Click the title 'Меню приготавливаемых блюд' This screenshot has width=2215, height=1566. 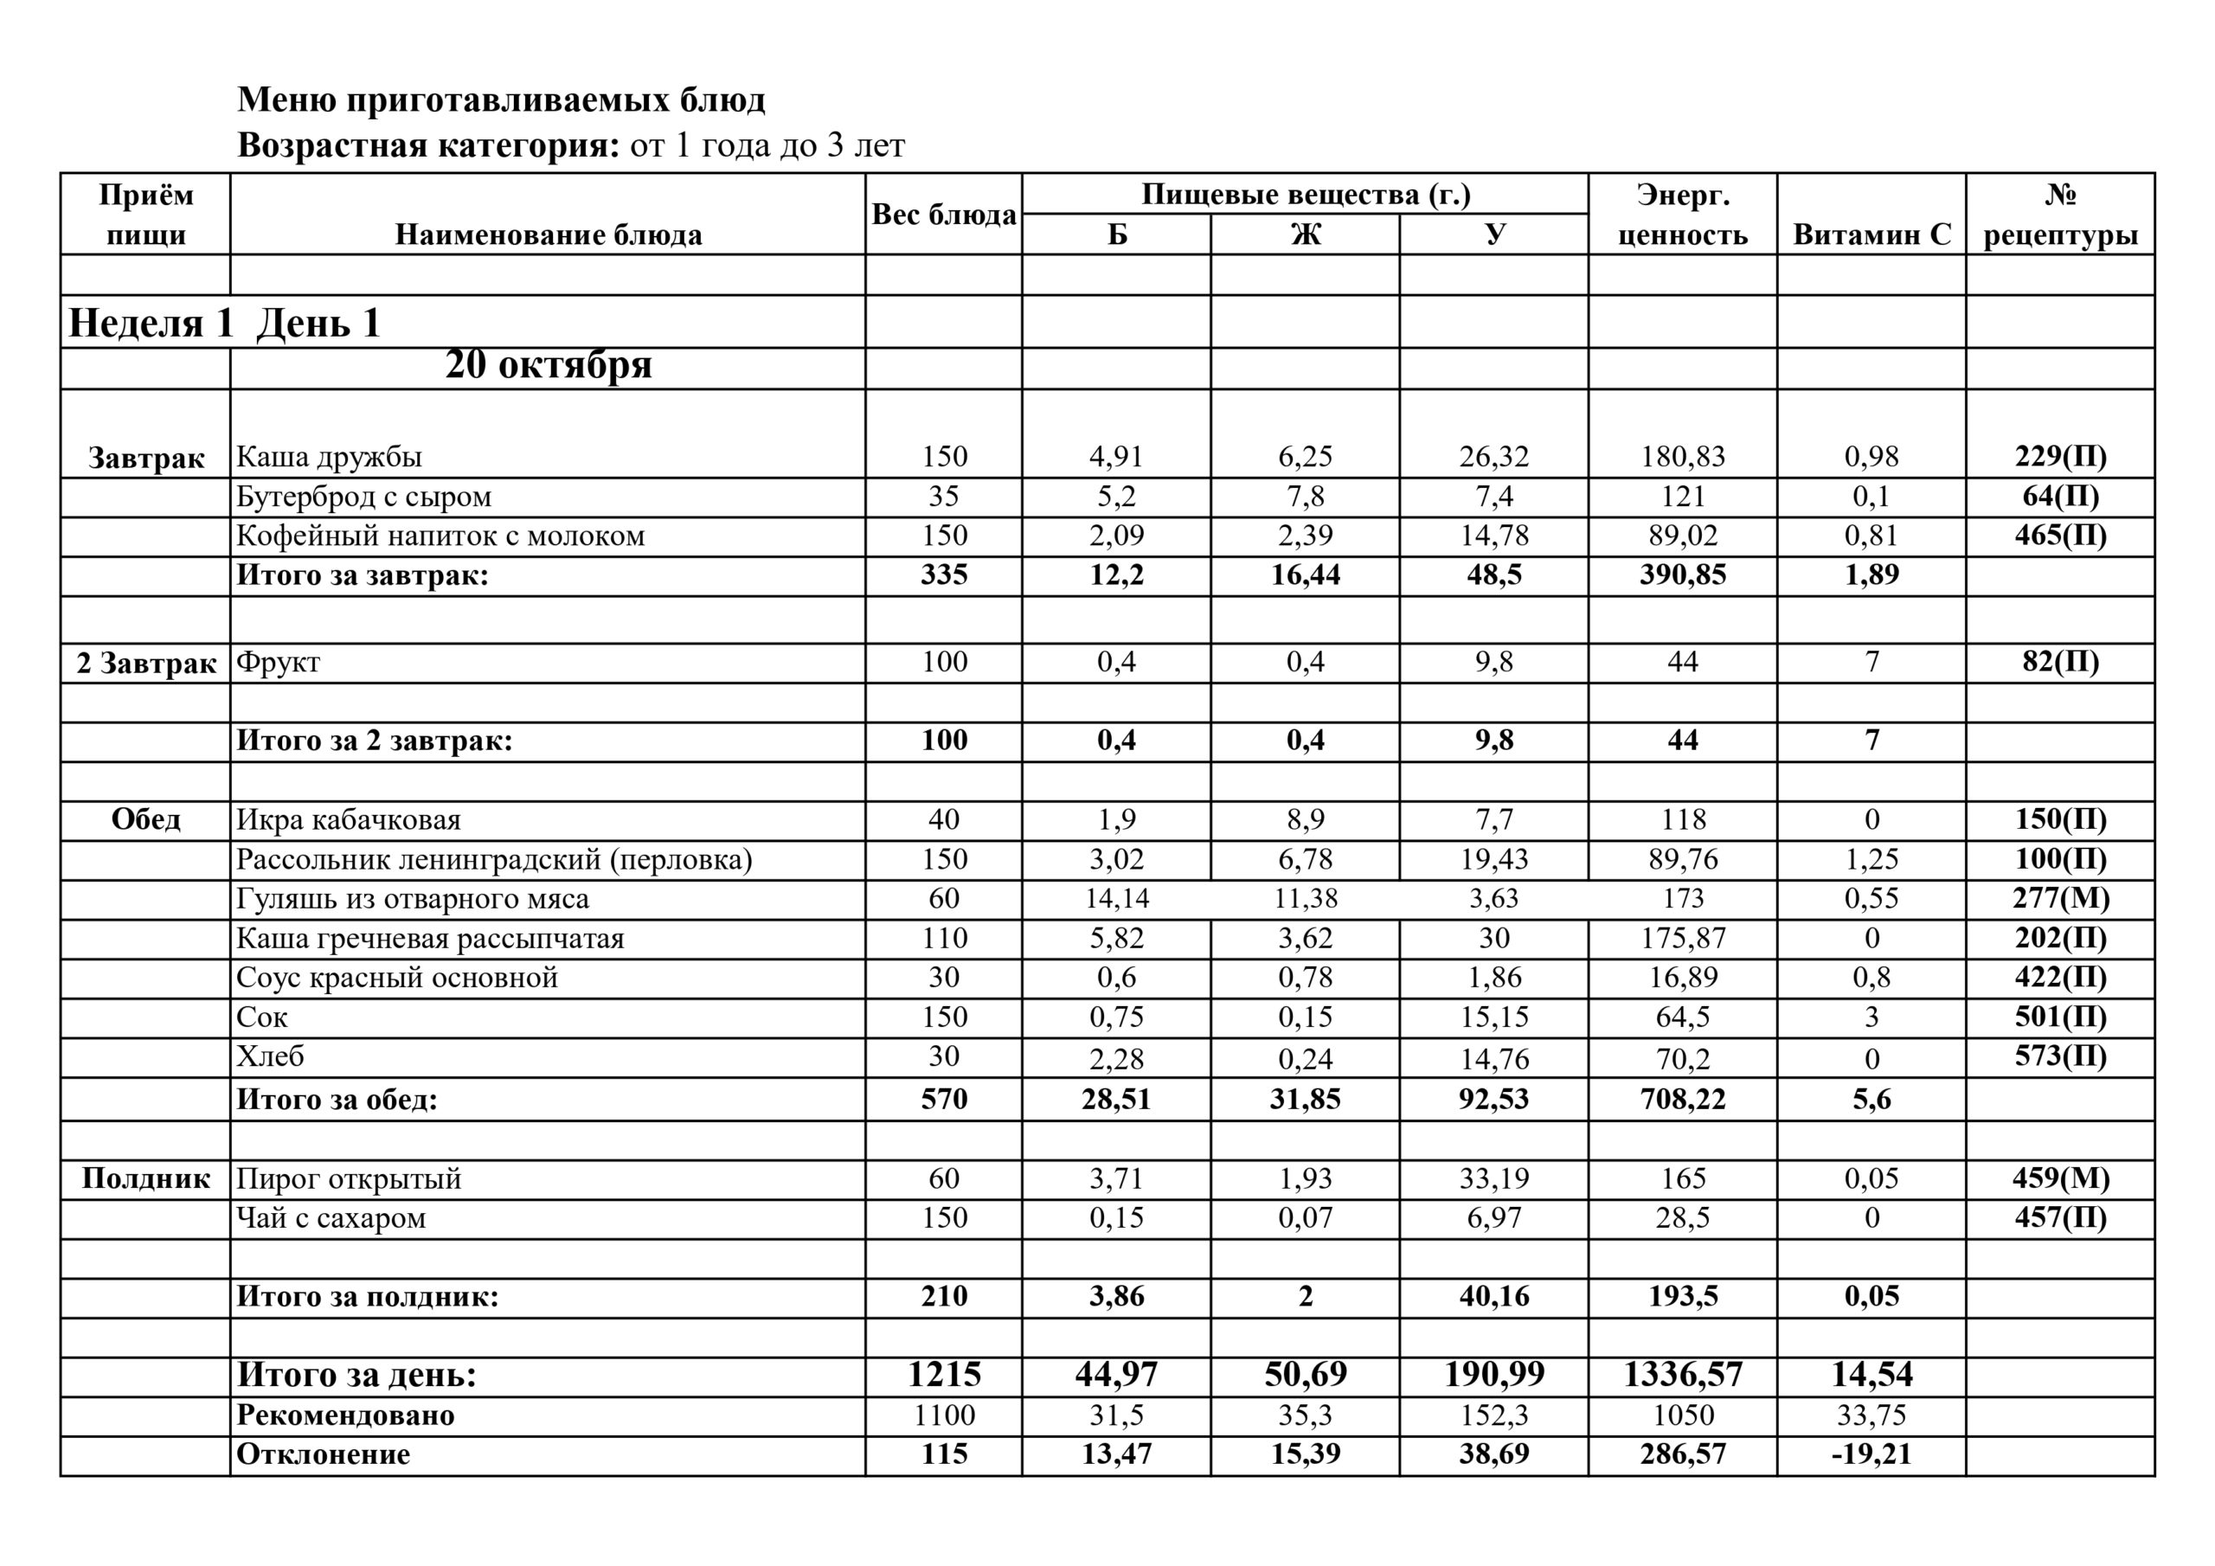[501, 99]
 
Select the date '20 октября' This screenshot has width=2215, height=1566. [548, 365]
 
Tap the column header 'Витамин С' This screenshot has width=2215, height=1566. [1872, 234]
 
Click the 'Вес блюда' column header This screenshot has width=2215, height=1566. [943, 215]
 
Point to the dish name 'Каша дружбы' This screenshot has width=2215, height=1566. [329, 456]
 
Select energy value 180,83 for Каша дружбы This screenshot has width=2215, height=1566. [1683, 456]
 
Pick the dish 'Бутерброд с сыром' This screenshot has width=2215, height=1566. [363, 496]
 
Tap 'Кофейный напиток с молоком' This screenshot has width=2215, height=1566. [440, 536]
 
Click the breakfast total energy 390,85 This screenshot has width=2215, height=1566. [1683, 575]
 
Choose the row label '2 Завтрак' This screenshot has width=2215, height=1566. [146, 663]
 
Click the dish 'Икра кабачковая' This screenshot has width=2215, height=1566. [349, 819]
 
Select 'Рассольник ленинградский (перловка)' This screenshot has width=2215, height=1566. [494, 859]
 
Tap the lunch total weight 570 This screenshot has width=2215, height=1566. [943, 1099]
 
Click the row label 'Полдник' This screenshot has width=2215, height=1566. [145, 1178]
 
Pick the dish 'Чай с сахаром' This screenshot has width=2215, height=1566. [331, 1217]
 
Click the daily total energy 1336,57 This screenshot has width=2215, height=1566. [1683, 1374]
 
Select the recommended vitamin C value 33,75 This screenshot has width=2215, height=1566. [1872, 1415]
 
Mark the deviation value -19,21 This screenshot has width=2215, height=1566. [1872, 1454]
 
